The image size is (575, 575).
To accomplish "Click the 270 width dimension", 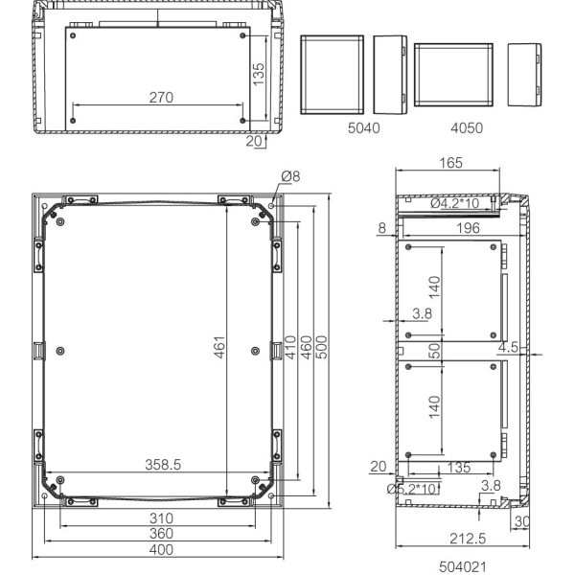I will [x=160, y=97].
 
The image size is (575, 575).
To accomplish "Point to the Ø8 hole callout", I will [x=290, y=175].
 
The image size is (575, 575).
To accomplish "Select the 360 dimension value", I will [x=160, y=533].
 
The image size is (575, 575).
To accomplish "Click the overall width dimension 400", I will [x=160, y=550].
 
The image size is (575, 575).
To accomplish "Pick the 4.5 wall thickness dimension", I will [x=507, y=348].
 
